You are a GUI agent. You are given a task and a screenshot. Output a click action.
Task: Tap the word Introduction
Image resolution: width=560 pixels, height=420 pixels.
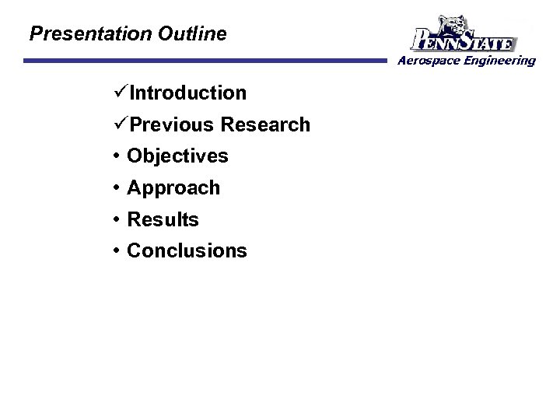(187, 93)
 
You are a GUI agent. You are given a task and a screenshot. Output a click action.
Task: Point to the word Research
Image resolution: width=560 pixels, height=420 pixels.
(265, 124)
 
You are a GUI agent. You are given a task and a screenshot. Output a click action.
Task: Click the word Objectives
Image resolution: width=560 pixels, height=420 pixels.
(177, 156)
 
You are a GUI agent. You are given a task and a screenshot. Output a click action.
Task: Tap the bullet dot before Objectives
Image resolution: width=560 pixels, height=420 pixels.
(115, 156)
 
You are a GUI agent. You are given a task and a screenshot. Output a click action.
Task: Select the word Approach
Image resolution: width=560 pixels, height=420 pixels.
(173, 188)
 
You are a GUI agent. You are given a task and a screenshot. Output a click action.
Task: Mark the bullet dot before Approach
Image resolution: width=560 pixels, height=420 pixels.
(115, 188)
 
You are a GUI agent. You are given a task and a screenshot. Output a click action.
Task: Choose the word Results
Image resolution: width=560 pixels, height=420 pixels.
(163, 220)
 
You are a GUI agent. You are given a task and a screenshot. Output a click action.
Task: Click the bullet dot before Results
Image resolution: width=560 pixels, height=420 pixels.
(115, 220)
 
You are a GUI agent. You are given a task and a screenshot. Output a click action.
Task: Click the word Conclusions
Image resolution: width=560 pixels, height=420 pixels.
(187, 251)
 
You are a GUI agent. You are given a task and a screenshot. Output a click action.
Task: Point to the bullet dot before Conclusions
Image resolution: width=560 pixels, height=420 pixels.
(115, 251)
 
